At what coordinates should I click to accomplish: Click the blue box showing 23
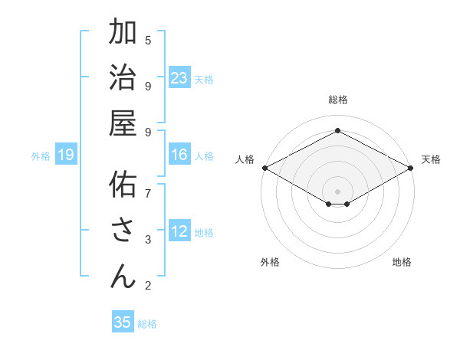pos(179,77)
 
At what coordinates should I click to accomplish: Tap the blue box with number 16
pos(179,155)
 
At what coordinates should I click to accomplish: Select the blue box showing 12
pos(179,231)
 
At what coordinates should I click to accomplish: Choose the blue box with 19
pos(66,155)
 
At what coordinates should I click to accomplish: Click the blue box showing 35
pos(123,322)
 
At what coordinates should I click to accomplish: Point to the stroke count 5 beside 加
pos(148,40)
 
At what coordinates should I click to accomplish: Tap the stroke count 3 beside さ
pos(148,240)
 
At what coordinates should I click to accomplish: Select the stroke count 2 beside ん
pos(148,286)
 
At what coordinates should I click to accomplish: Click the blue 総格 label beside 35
pos(147,324)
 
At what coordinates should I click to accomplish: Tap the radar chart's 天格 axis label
pos(431,159)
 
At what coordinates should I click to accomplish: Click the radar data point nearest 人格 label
pos(264,168)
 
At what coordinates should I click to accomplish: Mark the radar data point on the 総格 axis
pos(337,130)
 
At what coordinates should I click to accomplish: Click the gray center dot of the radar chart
pos(337,191)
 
